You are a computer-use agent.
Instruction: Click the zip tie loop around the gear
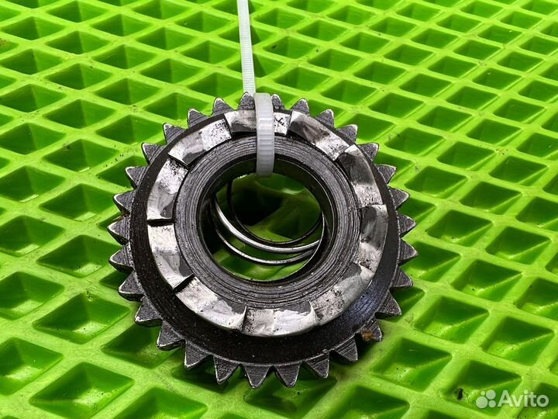263,135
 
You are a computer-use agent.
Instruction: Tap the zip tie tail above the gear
246,47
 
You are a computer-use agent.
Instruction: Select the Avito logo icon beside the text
486,399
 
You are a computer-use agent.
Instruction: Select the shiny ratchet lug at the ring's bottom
279,320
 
